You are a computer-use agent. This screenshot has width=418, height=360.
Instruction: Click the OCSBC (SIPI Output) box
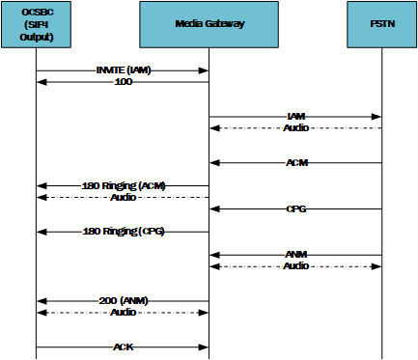(x=37, y=24)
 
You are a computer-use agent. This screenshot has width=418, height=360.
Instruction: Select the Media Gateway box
(x=209, y=24)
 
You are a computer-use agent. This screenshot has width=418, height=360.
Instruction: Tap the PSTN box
(x=381, y=24)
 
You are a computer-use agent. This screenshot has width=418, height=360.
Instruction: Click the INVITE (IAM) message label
(x=124, y=70)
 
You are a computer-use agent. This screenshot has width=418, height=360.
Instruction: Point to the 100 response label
(x=124, y=82)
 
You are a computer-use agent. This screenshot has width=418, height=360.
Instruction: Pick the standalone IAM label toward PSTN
(x=296, y=116)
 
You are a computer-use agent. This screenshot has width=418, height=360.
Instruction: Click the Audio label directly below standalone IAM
(x=296, y=127)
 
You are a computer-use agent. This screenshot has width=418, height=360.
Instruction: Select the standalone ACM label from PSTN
(x=296, y=162)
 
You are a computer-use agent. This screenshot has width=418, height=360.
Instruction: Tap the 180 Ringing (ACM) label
(x=124, y=185)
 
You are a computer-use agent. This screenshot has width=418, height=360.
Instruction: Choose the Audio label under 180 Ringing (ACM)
(x=124, y=197)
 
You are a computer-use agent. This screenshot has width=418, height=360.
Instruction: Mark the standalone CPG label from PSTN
(x=296, y=208)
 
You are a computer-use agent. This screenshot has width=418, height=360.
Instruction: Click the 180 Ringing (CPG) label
(x=124, y=232)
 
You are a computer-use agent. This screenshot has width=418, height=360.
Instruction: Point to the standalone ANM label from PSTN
(x=296, y=255)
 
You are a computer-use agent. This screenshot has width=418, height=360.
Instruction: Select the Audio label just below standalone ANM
(x=296, y=265)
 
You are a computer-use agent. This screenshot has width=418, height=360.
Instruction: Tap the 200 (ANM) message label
(x=124, y=301)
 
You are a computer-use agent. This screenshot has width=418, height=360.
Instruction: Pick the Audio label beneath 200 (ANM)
(x=124, y=313)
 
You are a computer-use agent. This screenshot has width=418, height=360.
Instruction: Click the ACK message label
(x=124, y=346)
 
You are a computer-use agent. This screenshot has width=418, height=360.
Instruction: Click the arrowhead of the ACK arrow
(x=205, y=346)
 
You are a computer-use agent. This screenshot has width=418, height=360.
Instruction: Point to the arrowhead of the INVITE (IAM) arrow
(x=205, y=70)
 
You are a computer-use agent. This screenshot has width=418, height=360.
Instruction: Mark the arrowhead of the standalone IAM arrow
(x=377, y=117)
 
